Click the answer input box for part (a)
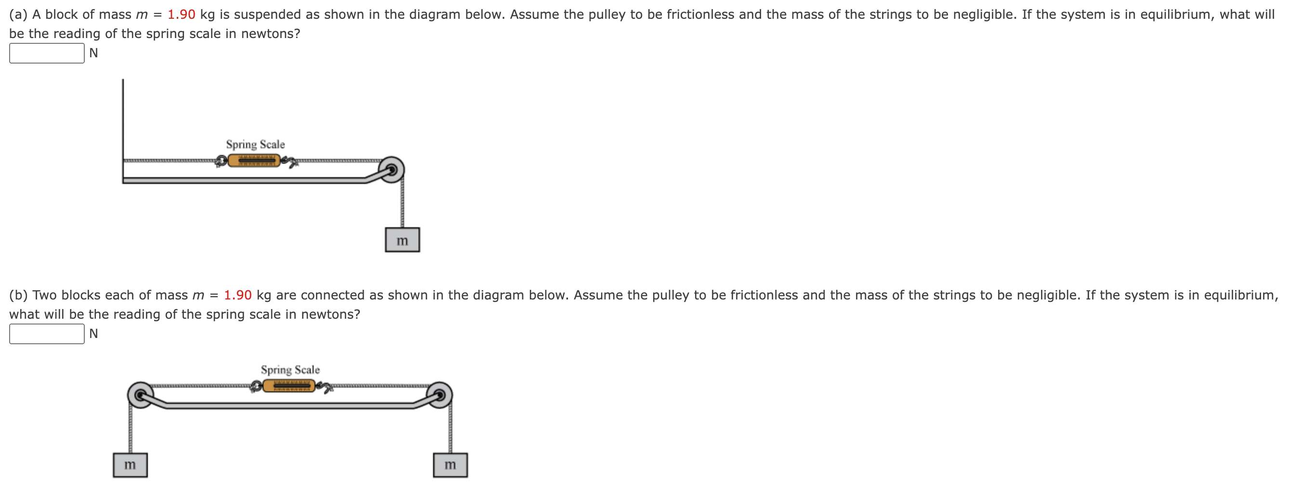coord(47,53)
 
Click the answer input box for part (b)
coord(47,334)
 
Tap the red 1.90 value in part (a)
coord(181,14)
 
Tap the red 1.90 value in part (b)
coord(237,295)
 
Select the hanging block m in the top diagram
coord(402,240)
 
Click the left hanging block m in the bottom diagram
coord(130,465)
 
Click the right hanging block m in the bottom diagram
coord(450,465)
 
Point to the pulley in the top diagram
coord(392,170)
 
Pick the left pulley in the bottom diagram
coord(141,395)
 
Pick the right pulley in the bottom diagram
coord(440,395)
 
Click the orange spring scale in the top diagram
coord(254,160)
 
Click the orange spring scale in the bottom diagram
coord(289,386)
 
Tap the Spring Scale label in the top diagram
coord(255,144)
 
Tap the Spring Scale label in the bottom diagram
coord(290,370)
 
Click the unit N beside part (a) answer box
coord(93,53)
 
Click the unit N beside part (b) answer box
coord(93,334)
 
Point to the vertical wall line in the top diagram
coord(123,120)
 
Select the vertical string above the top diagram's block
coord(402,205)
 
